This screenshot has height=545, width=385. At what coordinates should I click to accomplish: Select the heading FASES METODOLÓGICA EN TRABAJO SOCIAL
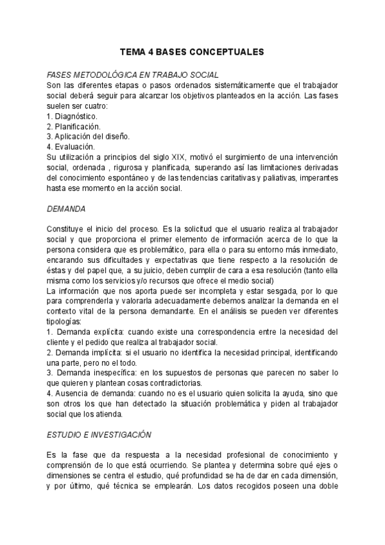coord(133,75)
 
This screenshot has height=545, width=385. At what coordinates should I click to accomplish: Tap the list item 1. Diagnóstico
coord(73,116)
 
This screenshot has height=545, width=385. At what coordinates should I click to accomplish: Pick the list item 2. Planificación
coord(74,127)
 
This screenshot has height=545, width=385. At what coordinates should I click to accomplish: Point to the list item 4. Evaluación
coord(71,147)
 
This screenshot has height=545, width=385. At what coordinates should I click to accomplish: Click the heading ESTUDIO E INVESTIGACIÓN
coord(98,435)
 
